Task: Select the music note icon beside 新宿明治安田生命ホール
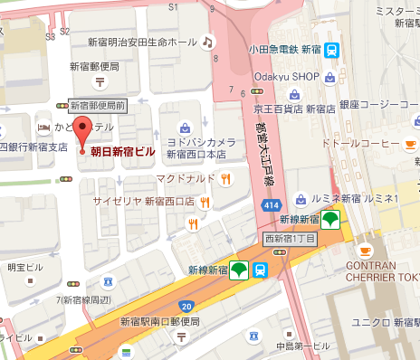208,42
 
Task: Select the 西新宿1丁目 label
289,239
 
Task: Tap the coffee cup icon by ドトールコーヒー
410,144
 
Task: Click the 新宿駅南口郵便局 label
159,321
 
